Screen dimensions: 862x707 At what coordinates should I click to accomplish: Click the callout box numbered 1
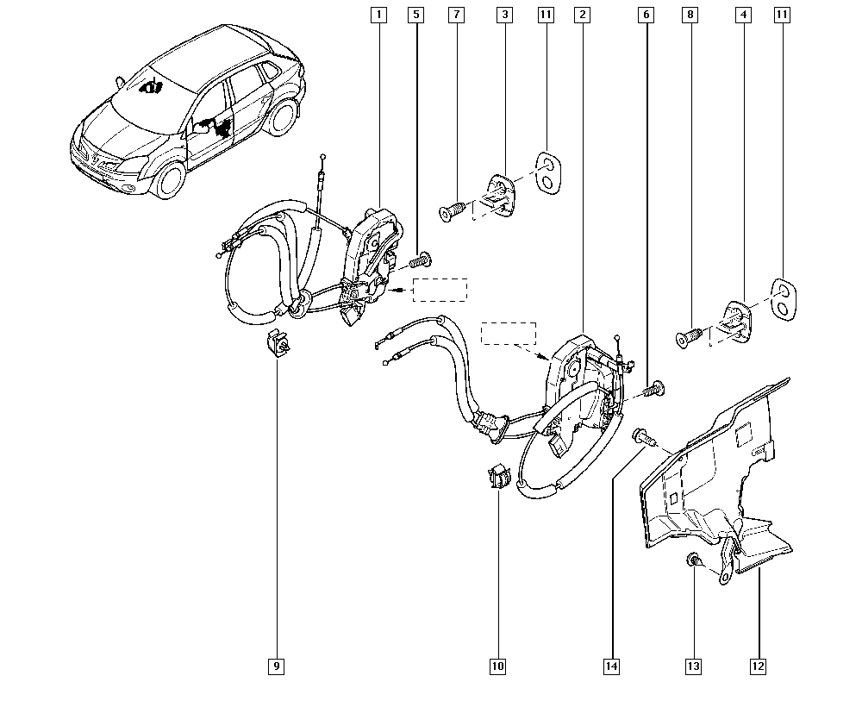pyautogui.click(x=378, y=15)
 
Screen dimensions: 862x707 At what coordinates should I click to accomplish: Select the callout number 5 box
pyautogui.click(x=416, y=15)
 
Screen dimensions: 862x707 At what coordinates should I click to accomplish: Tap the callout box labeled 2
pyautogui.click(x=582, y=15)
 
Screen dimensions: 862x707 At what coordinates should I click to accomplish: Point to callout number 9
pyautogui.click(x=276, y=666)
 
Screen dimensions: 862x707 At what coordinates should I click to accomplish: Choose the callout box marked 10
pyautogui.click(x=497, y=666)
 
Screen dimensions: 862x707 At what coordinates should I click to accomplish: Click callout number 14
pyautogui.click(x=611, y=666)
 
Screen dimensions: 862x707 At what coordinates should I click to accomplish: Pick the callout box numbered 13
pyautogui.click(x=694, y=666)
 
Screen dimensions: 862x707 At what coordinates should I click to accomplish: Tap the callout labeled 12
pyautogui.click(x=758, y=666)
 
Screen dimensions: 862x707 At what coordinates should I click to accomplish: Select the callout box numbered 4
pyautogui.click(x=743, y=15)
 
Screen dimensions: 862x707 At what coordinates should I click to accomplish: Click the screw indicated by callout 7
pyautogui.click(x=453, y=211)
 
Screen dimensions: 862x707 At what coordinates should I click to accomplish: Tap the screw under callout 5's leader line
pyautogui.click(x=422, y=260)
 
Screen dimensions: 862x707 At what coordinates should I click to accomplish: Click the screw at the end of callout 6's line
pyautogui.click(x=653, y=389)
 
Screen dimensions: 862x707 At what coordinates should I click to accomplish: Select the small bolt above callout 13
pyautogui.click(x=692, y=560)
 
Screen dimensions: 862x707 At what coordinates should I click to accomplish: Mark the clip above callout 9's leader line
pyautogui.click(x=278, y=343)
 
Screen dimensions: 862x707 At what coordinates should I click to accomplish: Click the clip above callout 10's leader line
pyautogui.click(x=498, y=475)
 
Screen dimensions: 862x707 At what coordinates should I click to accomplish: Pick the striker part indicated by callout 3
pyautogui.click(x=499, y=195)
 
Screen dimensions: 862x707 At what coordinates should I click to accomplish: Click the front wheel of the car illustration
pyautogui.click(x=168, y=180)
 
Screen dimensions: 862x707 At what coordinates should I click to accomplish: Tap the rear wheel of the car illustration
pyautogui.click(x=283, y=116)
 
